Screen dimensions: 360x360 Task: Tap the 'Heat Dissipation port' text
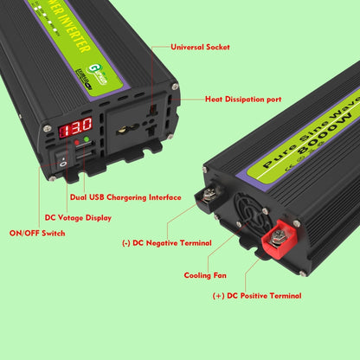tap(242, 100)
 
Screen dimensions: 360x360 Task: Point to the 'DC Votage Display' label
tap(77, 218)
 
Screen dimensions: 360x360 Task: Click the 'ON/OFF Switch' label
tap(37, 234)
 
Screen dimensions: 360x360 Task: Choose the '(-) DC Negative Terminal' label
tap(167, 243)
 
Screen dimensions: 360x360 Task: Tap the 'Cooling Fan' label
tap(206, 275)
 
